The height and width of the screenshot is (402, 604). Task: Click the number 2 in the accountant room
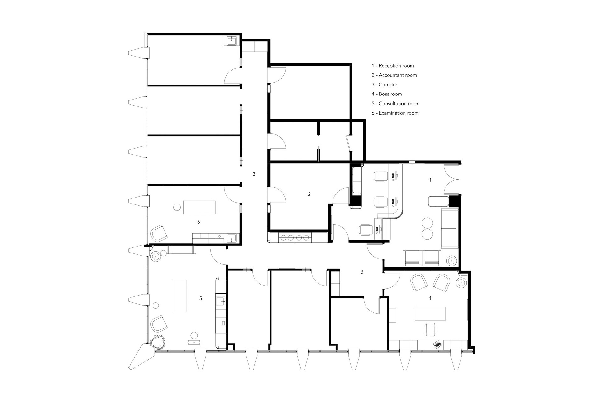(x=309, y=194)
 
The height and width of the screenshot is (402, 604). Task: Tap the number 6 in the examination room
(x=199, y=222)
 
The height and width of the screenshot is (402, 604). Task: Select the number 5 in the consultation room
(x=201, y=298)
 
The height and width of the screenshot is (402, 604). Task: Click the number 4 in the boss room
(x=430, y=298)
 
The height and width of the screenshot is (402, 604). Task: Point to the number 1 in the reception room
(x=430, y=180)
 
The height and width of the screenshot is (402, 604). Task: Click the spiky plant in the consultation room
(x=158, y=342)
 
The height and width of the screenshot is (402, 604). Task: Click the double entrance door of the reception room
(x=452, y=179)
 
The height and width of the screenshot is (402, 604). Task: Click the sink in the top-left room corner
(x=232, y=40)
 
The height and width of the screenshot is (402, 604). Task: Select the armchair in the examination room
(x=159, y=233)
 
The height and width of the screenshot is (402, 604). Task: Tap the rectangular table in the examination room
(x=199, y=207)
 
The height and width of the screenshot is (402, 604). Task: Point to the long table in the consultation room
(x=179, y=296)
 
